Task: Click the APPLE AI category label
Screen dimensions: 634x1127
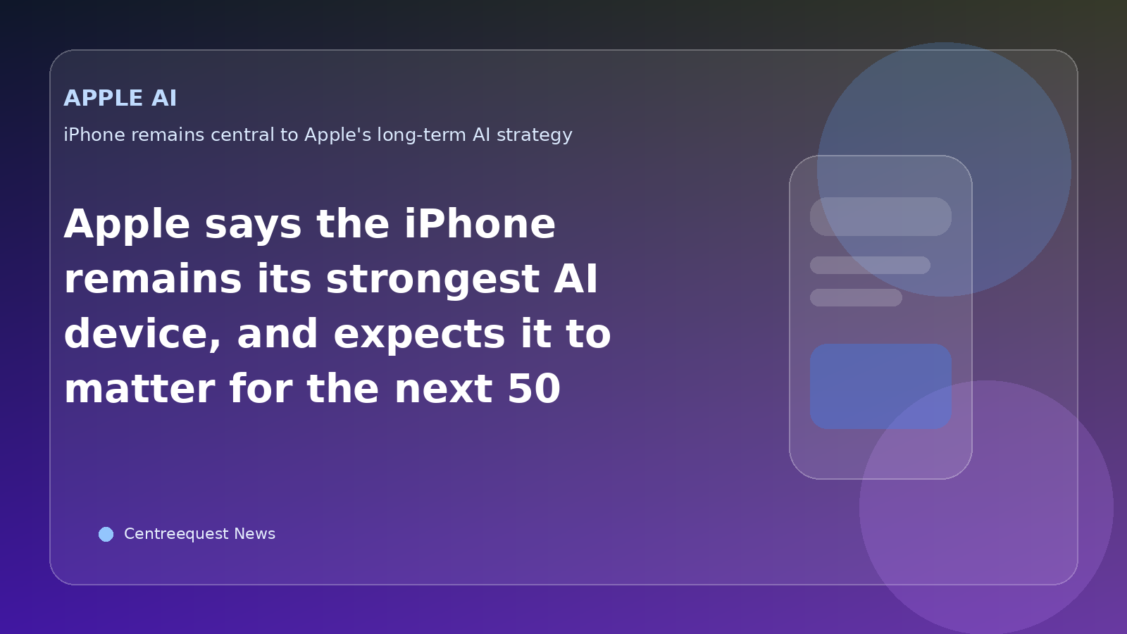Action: coord(120,98)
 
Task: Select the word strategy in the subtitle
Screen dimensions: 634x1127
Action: coord(534,135)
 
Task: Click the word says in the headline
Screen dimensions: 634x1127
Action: coord(253,225)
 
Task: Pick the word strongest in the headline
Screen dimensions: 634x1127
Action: coord(432,279)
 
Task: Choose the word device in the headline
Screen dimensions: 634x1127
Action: coord(142,334)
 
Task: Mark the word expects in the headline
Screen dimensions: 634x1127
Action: coord(420,334)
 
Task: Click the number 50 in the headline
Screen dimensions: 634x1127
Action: coord(533,389)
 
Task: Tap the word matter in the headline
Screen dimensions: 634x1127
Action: coord(139,389)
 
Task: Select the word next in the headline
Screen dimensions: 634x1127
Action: coord(442,389)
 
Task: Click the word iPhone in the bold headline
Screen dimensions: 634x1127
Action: coord(479,225)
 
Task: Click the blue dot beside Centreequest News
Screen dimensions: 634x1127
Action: coord(106,534)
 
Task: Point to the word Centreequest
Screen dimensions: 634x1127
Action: coord(176,534)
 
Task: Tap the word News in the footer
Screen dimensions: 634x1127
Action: coord(254,534)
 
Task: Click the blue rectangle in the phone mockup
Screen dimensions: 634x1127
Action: coord(880,386)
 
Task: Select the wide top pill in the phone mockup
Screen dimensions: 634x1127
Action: coord(880,216)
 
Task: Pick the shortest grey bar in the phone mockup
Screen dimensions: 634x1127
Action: coord(856,297)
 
